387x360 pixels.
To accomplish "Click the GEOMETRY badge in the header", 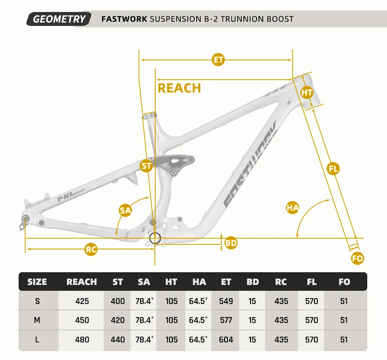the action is click(x=59, y=19).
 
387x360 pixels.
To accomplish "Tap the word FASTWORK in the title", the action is click(x=124, y=19).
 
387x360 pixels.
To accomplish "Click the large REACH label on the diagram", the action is click(x=179, y=88).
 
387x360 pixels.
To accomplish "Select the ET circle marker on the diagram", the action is click(x=218, y=60).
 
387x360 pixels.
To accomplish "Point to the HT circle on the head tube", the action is click(x=307, y=92).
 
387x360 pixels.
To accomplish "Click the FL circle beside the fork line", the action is click(x=333, y=169).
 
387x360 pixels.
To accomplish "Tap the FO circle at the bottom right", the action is click(x=358, y=259).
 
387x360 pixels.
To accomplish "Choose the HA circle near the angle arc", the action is click(x=293, y=208).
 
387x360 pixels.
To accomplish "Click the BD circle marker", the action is click(x=231, y=243).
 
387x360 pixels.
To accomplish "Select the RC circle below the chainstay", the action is click(x=91, y=250).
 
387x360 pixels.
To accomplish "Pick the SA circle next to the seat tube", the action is click(x=125, y=210).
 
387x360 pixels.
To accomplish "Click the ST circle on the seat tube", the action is click(x=146, y=166).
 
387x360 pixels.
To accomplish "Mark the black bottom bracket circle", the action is click(x=155, y=238).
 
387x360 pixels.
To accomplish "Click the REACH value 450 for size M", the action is click(x=82, y=320).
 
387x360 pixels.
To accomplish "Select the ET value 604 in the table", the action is click(x=226, y=340).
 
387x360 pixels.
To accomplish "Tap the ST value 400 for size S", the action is click(x=118, y=301).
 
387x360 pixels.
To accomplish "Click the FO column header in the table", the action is click(x=344, y=282).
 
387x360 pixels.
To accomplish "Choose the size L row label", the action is click(x=38, y=340).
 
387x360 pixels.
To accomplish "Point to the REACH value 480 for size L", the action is click(x=82, y=340).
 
